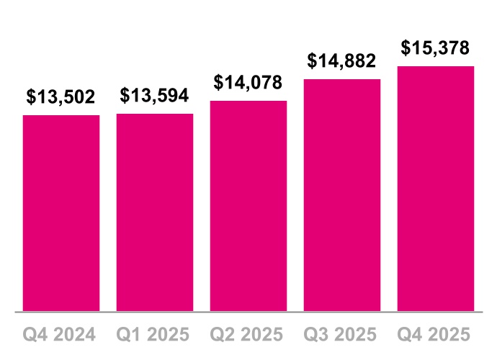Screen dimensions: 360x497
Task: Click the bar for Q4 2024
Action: pyautogui.click(x=61, y=213)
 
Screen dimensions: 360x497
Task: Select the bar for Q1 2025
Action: pyautogui.click(x=155, y=212)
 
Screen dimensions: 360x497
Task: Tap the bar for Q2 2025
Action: pyautogui.click(x=248, y=206)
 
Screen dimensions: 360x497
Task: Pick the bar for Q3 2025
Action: pyautogui.click(x=342, y=195)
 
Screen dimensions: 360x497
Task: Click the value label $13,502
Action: pyautogui.click(x=61, y=97)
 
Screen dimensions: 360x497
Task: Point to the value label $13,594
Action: pyautogui.click(x=155, y=96)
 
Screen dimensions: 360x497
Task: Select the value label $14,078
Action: pyautogui.click(x=248, y=83)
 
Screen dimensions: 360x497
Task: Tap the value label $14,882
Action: pyautogui.click(x=342, y=61)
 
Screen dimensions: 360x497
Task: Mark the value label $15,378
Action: pyautogui.click(x=436, y=49)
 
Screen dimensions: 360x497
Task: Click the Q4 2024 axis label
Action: pyautogui.click(x=61, y=336)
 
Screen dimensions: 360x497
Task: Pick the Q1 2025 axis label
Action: pyautogui.click(x=155, y=336)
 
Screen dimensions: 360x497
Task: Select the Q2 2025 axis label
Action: pyautogui.click(x=248, y=336)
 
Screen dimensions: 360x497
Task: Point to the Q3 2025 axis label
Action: pyautogui.click(x=342, y=336)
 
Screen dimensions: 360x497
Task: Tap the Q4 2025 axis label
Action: pyautogui.click(x=436, y=336)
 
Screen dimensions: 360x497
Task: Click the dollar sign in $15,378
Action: pyautogui.click(x=406, y=49)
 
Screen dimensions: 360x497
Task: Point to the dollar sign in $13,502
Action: pyautogui.click(x=32, y=97)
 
